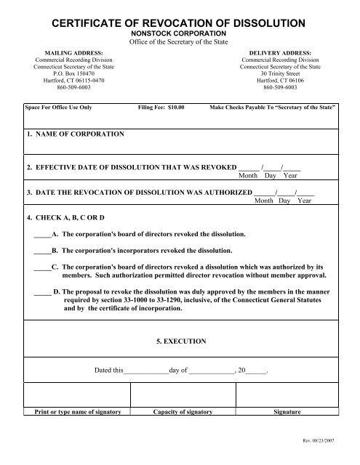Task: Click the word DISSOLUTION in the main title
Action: (269, 25)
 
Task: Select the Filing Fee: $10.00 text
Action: (161, 107)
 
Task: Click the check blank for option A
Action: (41, 236)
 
